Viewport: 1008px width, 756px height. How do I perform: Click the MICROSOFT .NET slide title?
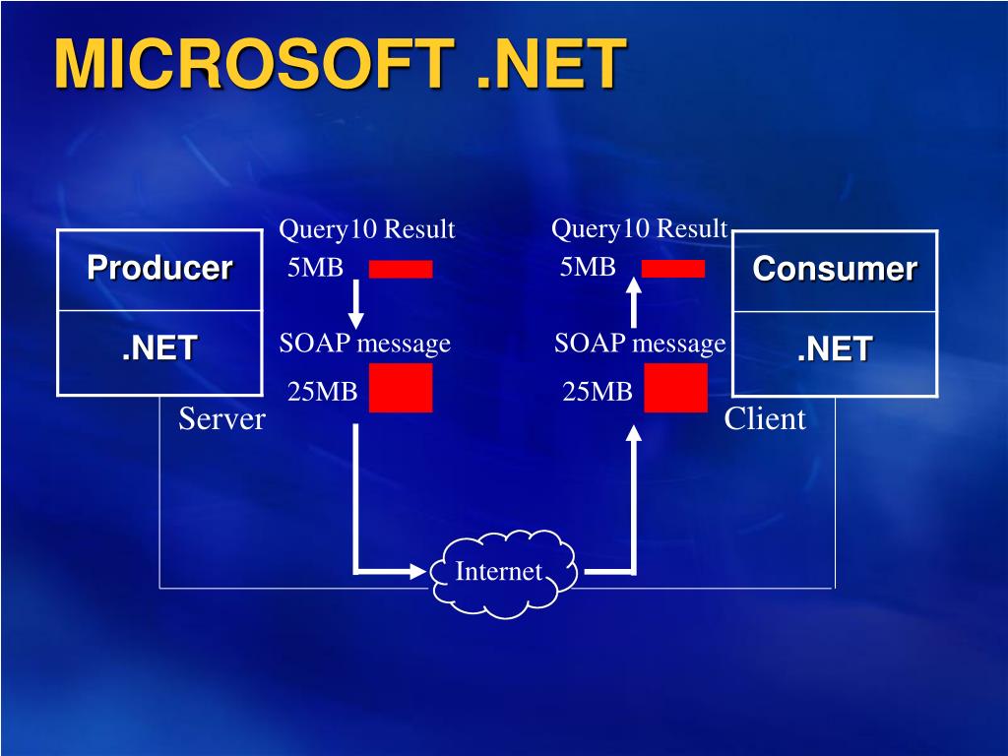(x=340, y=64)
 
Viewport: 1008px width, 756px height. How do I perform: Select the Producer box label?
(x=159, y=268)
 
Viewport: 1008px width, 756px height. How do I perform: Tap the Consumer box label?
(x=835, y=269)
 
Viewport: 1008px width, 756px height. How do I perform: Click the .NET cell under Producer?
(x=159, y=347)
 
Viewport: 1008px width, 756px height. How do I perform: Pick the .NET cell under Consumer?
(x=835, y=348)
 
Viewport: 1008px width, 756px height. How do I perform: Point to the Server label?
(x=221, y=419)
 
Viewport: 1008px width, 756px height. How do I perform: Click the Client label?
(x=765, y=419)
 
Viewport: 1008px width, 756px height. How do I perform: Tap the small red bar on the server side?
(x=401, y=269)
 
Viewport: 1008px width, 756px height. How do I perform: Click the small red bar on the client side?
(x=673, y=269)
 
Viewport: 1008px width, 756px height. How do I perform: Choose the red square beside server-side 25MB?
(x=401, y=388)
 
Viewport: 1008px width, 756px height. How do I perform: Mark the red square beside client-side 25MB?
(x=675, y=388)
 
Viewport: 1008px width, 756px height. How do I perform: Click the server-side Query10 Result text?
(x=367, y=230)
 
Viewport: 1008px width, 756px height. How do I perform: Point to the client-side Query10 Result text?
(x=639, y=229)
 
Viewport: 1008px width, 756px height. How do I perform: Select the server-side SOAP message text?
(x=364, y=344)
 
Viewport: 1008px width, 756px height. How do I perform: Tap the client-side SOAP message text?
(x=640, y=344)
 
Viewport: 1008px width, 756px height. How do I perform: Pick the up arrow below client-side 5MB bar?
(x=634, y=301)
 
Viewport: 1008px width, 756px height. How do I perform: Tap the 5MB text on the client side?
(x=588, y=267)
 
